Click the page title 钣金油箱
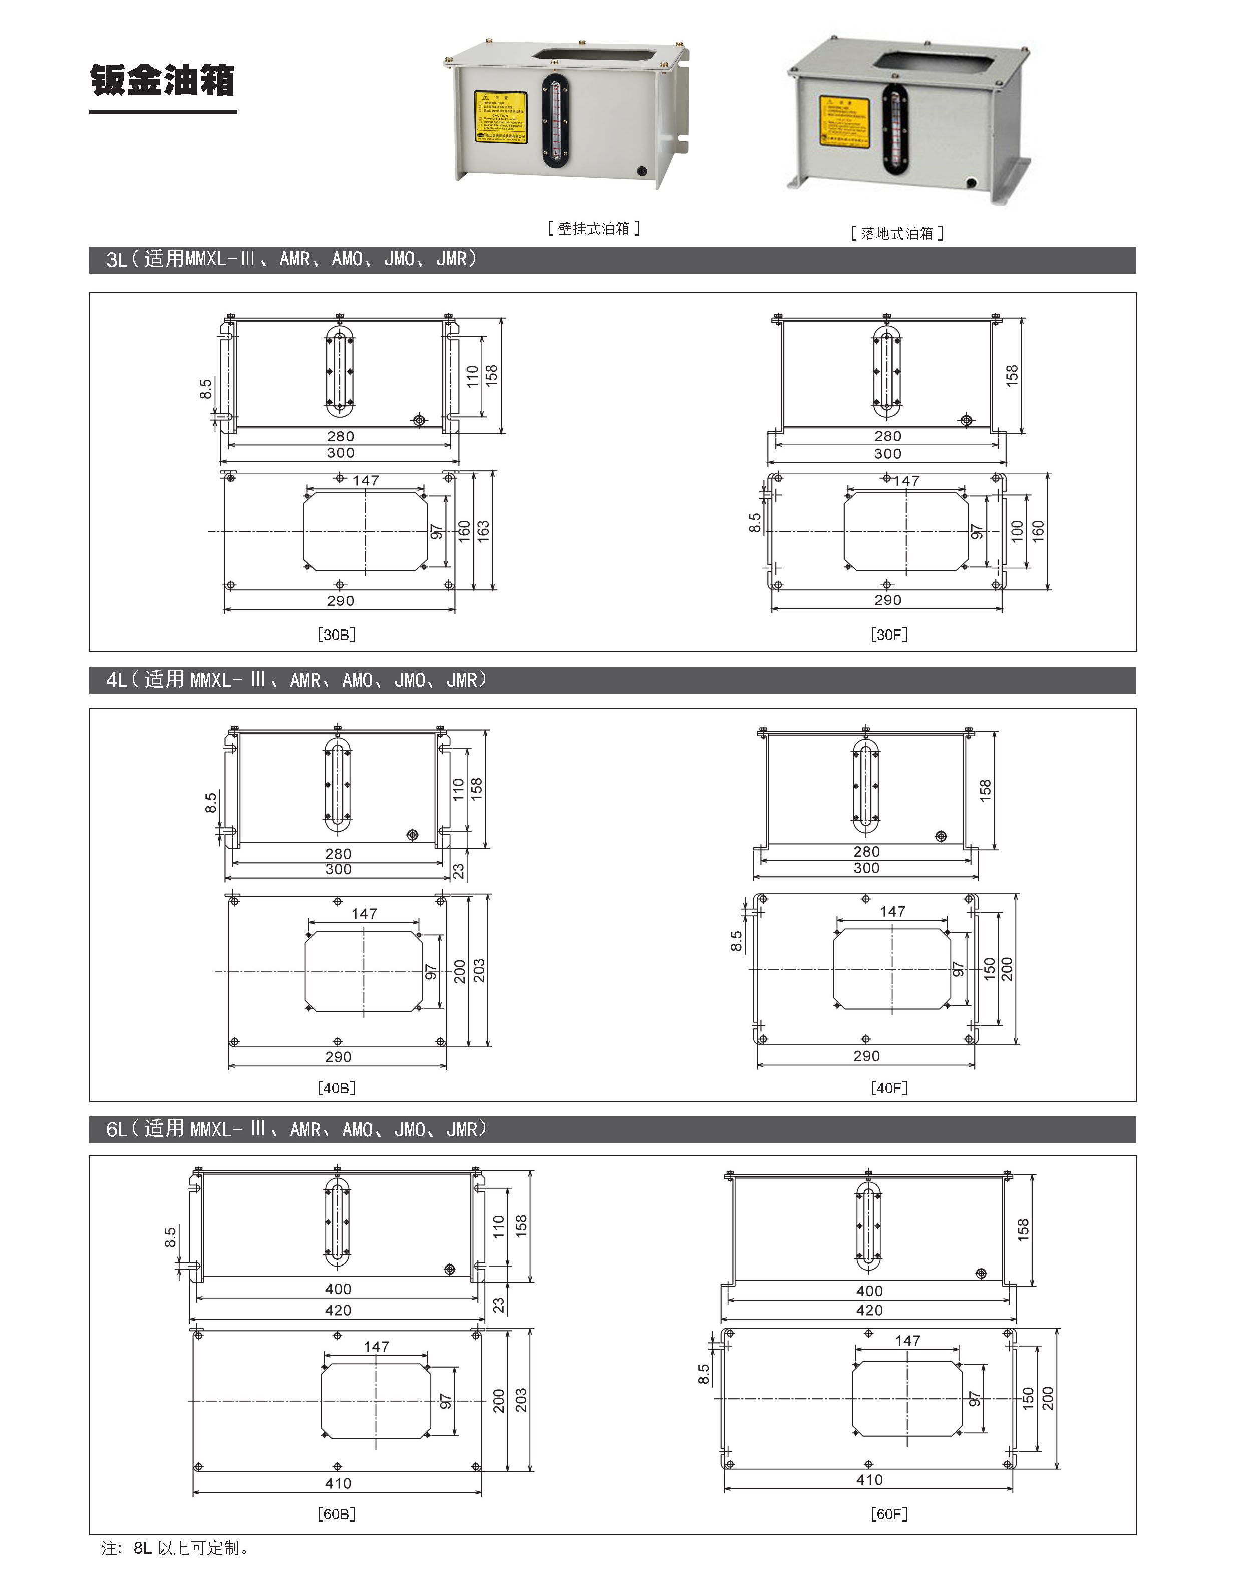tap(163, 80)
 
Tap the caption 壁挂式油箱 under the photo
tap(593, 228)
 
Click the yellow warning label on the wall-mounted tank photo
tap(500, 117)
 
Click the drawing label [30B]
tap(336, 634)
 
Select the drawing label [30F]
tap(888, 634)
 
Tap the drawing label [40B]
tap(336, 1088)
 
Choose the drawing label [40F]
tap(888, 1088)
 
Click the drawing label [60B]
tap(336, 1514)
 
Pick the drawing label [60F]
tap(888, 1514)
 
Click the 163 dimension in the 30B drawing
tap(484, 530)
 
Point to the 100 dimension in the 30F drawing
tap(1017, 530)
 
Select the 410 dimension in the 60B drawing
tap(338, 1483)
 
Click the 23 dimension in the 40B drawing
tap(459, 871)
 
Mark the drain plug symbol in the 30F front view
tap(966, 420)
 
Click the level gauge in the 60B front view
tap(337, 1222)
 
